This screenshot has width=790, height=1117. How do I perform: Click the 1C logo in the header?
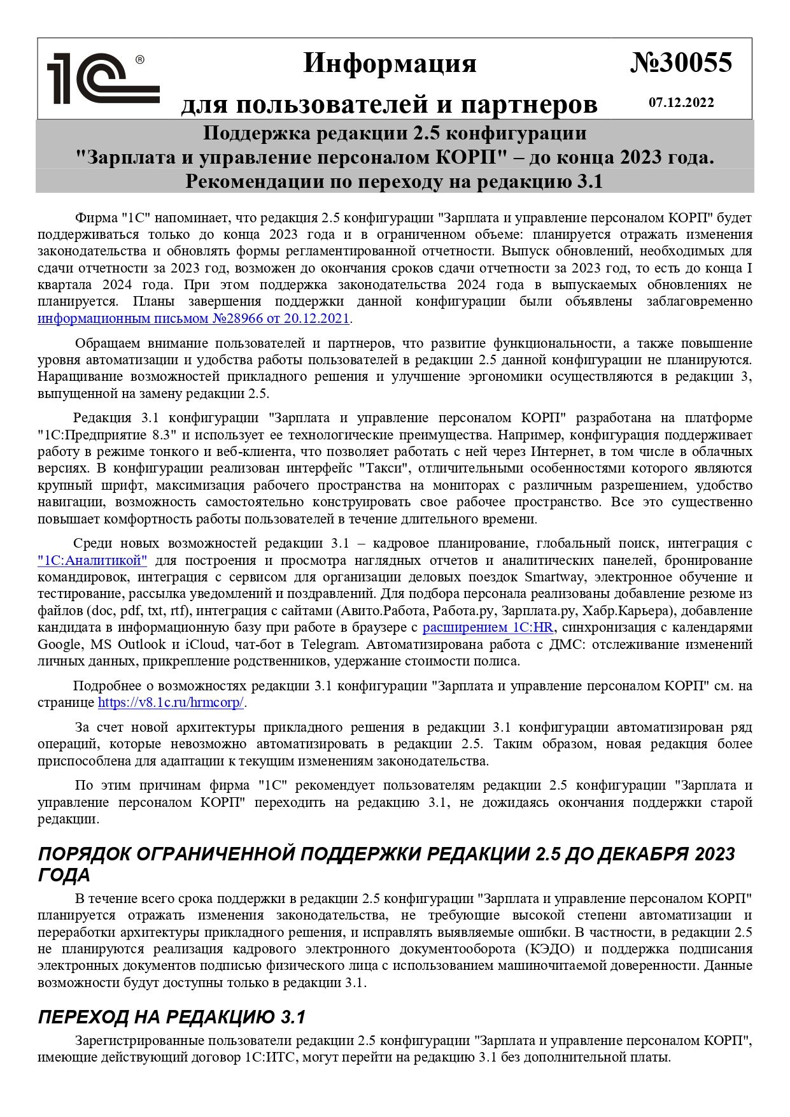tap(102, 78)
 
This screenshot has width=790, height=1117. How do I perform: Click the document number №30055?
tap(681, 63)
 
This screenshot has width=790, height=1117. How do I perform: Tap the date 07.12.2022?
tap(681, 103)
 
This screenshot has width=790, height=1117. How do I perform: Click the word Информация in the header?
tap(390, 64)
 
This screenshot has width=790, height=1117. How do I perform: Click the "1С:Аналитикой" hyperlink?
tap(92, 560)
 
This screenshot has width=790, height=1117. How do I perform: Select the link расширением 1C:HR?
tap(488, 627)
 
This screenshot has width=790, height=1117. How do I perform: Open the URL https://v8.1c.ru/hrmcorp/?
tap(171, 703)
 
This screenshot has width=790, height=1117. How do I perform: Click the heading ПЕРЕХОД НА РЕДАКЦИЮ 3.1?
tap(172, 1017)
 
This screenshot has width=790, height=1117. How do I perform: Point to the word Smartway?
tap(551, 577)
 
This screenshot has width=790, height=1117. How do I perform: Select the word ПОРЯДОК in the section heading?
tap(83, 854)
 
